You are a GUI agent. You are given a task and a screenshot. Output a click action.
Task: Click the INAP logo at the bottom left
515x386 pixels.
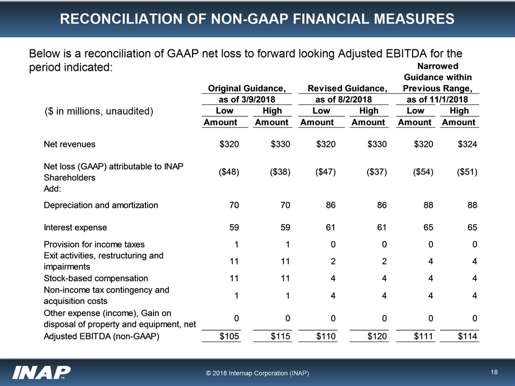tap(42, 372)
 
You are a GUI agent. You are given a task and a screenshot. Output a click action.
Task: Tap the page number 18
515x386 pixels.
tap(494, 372)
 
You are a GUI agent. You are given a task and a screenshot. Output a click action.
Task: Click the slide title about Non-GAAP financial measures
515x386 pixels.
tap(257, 19)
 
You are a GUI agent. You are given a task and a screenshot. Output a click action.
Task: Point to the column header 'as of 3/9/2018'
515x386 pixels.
tap(246, 100)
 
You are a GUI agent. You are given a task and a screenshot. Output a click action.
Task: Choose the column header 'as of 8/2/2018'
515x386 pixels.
tap(347, 100)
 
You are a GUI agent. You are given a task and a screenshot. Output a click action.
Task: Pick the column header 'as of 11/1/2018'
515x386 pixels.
tap(437, 100)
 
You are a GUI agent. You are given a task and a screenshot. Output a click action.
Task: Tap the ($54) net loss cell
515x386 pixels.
tap(422, 172)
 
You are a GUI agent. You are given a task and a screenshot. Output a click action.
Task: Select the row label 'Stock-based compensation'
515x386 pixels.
tap(95, 278)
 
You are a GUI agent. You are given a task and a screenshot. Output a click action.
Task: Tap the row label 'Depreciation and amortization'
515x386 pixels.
tap(100, 205)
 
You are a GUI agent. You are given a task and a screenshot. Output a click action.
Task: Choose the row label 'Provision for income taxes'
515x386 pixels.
tap(94, 244)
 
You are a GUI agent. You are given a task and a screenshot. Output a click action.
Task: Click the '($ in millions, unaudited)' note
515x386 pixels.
tap(99, 112)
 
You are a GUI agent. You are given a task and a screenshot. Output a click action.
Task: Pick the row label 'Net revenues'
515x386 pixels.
tap(69, 144)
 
